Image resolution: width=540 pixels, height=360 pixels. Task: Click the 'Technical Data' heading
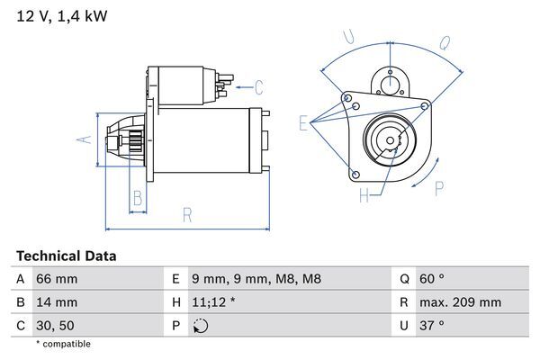pyautogui.click(x=66, y=256)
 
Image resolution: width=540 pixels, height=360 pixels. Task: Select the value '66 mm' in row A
pyautogui.click(x=56, y=280)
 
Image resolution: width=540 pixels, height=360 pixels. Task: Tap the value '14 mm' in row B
pyautogui.click(x=56, y=303)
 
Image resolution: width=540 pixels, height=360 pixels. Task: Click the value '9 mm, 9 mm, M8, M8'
pyautogui.click(x=256, y=280)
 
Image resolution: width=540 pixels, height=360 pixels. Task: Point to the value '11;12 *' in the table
pyautogui.click(x=214, y=303)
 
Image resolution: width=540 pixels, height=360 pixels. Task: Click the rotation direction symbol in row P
pyautogui.click(x=200, y=326)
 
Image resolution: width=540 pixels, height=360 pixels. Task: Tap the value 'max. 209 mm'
pyautogui.click(x=461, y=303)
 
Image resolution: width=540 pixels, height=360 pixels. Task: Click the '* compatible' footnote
pyautogui.click(x=63, y=345)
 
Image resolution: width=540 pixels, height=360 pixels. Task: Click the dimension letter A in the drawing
pyautogui.click(x=81, y=139)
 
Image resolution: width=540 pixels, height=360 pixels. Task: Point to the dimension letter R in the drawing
pyautogui.click(x=186, y=214)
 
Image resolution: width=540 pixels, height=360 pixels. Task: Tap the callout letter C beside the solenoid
pyautogui.click(x=258, y=87)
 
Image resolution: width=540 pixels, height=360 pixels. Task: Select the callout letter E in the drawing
pyautogui.click(x=303, y=123)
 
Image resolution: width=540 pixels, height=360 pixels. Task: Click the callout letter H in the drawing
pyautogui.click(x=364, y=195)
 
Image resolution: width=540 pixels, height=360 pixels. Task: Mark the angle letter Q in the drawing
pyautogui.click(x=444, y=41)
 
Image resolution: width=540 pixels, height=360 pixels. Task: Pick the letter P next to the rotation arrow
pyautogui.click(x=439, y=188)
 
